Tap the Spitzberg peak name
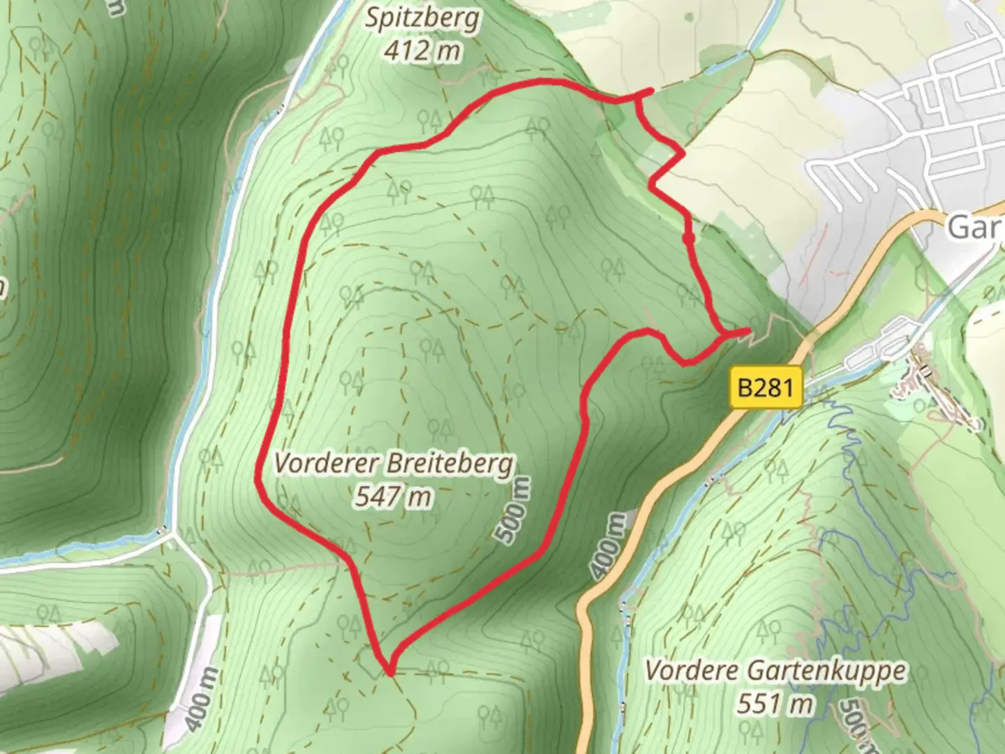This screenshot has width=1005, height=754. coord(423,19)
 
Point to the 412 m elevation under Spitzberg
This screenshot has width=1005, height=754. coord(422,50)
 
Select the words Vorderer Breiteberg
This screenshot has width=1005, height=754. coord(394,463)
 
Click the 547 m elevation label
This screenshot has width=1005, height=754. coord(393,496)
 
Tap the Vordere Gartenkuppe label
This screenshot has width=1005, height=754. coord(775,670)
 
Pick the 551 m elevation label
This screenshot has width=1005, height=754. coord(775,702)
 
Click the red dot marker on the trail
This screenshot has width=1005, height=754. coord(689,239)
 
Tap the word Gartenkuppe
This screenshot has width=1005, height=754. coord(827,670)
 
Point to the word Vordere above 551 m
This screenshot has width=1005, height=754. coord(692,670)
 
